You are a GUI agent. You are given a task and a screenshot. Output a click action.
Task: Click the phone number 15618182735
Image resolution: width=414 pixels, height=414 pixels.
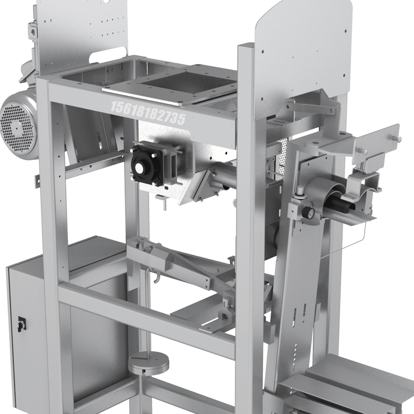(148, 113)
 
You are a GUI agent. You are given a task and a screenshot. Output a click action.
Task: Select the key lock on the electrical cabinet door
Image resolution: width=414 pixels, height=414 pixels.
(21, 324)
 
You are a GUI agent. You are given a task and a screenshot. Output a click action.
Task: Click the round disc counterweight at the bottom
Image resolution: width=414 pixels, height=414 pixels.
(149, 364)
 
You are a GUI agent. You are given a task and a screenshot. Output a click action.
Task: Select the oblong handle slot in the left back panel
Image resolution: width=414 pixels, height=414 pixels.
(108, 55)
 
